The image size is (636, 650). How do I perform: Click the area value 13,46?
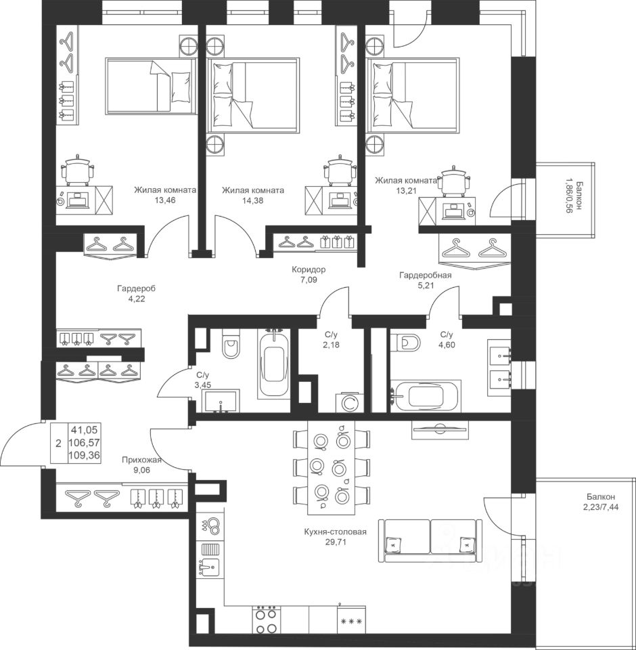tap(164, 200)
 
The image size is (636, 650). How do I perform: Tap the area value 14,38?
tap(253, 200)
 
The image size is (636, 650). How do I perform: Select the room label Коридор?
tap(309, 269)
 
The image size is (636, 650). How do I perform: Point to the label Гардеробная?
tap(425, 275)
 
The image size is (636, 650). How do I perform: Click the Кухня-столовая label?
tap(335, 532)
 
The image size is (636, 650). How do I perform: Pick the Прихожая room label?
tap(141, 460)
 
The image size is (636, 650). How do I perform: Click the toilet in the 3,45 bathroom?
tap(231, 344)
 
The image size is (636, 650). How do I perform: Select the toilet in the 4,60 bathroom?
tap(406, 342)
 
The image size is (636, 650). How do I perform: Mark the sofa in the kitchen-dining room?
tap(431, 540)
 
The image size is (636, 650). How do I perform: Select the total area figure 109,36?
tap(85, 456)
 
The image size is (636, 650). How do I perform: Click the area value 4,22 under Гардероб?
tap(137, 299)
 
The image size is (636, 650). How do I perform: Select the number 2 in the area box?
tap(58, 443)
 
